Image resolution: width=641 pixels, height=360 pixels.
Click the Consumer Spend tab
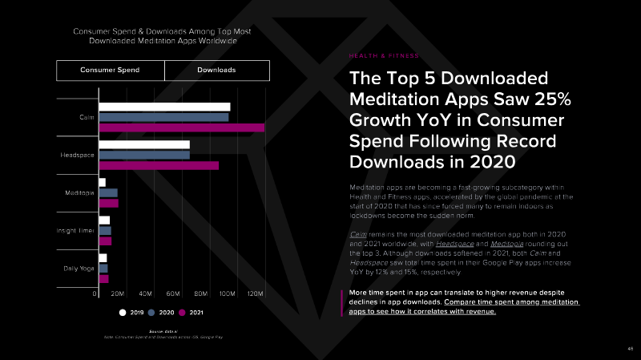click(110, 71)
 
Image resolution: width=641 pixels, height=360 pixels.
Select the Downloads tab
click(216, 71)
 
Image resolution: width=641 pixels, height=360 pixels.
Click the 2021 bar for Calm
click(181, 127)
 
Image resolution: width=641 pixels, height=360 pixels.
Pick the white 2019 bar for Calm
click(164, 107)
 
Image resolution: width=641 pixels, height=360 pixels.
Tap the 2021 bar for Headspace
click(159, 165)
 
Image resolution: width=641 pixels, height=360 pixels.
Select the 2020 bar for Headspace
click(144, 155)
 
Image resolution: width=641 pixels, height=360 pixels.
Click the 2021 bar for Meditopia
click(108, 203)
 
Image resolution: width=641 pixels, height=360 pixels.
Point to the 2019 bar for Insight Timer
click(104, 220)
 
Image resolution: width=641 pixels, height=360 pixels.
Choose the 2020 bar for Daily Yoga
click(103, 269)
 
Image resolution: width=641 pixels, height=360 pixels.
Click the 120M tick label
click(255, 295)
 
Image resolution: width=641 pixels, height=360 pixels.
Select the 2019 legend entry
click(131, 312)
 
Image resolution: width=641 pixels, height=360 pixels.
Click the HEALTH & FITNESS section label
click(384, 55)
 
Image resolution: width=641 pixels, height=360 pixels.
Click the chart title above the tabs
click(162, 35)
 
